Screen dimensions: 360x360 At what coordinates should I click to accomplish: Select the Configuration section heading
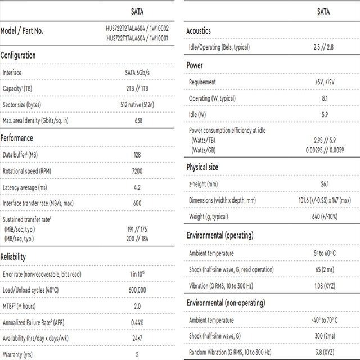point(18,56)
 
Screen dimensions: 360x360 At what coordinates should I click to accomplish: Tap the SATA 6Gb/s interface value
point(137,73)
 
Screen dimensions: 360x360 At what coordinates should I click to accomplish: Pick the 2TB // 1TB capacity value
point(137,88)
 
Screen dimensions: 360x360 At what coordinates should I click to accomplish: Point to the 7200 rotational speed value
point(137,170)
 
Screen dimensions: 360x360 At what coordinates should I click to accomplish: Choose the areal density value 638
point(137,120)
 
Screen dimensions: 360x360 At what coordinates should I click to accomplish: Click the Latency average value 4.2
point(137,187)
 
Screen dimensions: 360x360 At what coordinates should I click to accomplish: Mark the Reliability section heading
point(13,256)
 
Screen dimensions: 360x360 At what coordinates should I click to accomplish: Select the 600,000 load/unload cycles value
point(137,290)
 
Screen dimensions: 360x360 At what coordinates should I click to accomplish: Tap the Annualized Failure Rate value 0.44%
point(137,322)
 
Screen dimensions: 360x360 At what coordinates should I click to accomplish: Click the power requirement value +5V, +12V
point(324,82)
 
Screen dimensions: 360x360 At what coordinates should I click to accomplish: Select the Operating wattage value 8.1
point(324,98)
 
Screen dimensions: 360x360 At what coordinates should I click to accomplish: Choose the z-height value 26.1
point(324,184)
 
